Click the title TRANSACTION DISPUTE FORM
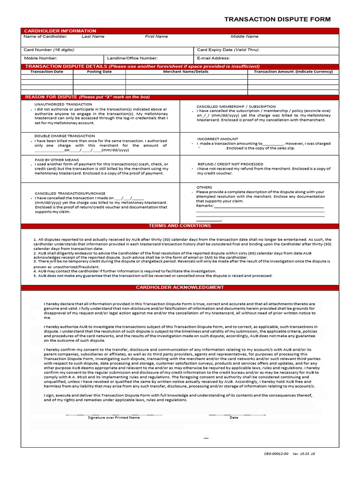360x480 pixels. (x=277, y=19)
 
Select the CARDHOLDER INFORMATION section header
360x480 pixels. (x=60, y=31)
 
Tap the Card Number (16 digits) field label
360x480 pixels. (x=49, y=50)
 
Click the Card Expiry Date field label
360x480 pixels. (x=228, y=50)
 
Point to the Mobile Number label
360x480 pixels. (x=41, y=58)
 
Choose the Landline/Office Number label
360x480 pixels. (x=132, y=58)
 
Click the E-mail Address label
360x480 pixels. (x=213, y=58)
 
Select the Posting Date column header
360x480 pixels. (x=99, y=72)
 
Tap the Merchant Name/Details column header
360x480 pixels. (x=186, y=72)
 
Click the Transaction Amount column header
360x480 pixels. (x=293, y=72)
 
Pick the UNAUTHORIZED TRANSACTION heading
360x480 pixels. (x=63, y=104)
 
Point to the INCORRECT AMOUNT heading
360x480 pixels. (x=217, y=139)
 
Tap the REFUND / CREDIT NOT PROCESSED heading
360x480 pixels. (x=230, y=164)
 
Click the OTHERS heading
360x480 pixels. (x=204, y=187)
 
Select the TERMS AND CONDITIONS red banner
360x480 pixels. (x=180, y=226)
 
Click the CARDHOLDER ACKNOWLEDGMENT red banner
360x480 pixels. (x=180, y=287)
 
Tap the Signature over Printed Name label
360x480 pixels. (x=113, y=417)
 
